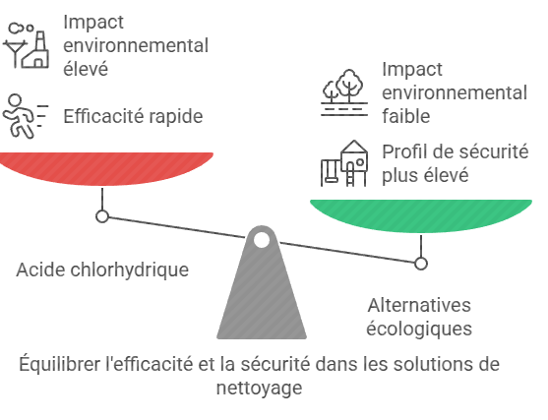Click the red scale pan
[x=105, y=168]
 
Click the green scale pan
[x=421, y=215]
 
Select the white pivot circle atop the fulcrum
[x=262, y=240]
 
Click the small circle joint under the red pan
[x=102, y=216]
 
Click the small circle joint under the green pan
[x=421, y=264]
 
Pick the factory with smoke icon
[x=26, y=45]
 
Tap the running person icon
[x=26, y=116]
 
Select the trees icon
[x=344, y=92]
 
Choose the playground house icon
[x=344, y=163]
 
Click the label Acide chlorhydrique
[x=102, y=270]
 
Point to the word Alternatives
[x=419, y=305]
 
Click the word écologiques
[x=419, y=329]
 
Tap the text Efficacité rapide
[x=133, y=116]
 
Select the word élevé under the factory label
[x=86, y=69]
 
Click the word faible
[x=405, y=116]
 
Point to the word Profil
[x=403, y=151]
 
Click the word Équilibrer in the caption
[x=59, y=364]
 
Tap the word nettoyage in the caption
[x=260, y=388]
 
